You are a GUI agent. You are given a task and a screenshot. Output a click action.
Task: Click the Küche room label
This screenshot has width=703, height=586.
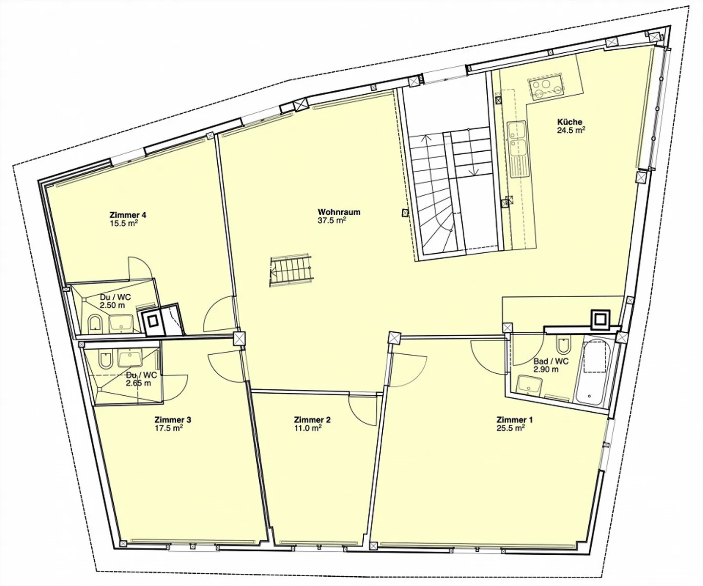pyautogui.click(x=570, y=121)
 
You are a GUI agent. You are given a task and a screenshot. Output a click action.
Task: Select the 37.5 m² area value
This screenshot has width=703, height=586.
pyautogui.click(x=332, y=221)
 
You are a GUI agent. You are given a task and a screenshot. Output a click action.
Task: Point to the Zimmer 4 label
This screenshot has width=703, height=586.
pyautogui.click(x=128, y=215)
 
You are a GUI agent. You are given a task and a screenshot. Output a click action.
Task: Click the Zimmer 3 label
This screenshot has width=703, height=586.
pyautogui.click(x=173, y=420)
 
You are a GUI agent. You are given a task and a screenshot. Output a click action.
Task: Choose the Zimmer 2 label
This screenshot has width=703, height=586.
pyautogui.click(x=312, y=420)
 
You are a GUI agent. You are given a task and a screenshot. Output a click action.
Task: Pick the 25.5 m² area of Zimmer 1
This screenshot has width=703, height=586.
pyautogui.click(x=511, y=428)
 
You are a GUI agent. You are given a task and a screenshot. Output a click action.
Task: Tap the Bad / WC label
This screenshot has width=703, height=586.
pyautogui.click(x=551, y=361)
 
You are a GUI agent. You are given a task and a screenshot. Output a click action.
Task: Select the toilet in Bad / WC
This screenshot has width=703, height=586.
pyautogui.click(x=562, y=344)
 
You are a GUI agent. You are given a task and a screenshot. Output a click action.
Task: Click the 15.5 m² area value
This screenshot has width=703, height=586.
pyautogui.click(x=124, y=223)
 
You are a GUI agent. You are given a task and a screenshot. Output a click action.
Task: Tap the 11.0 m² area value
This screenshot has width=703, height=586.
pyautogui.click(x=308, y=428)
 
